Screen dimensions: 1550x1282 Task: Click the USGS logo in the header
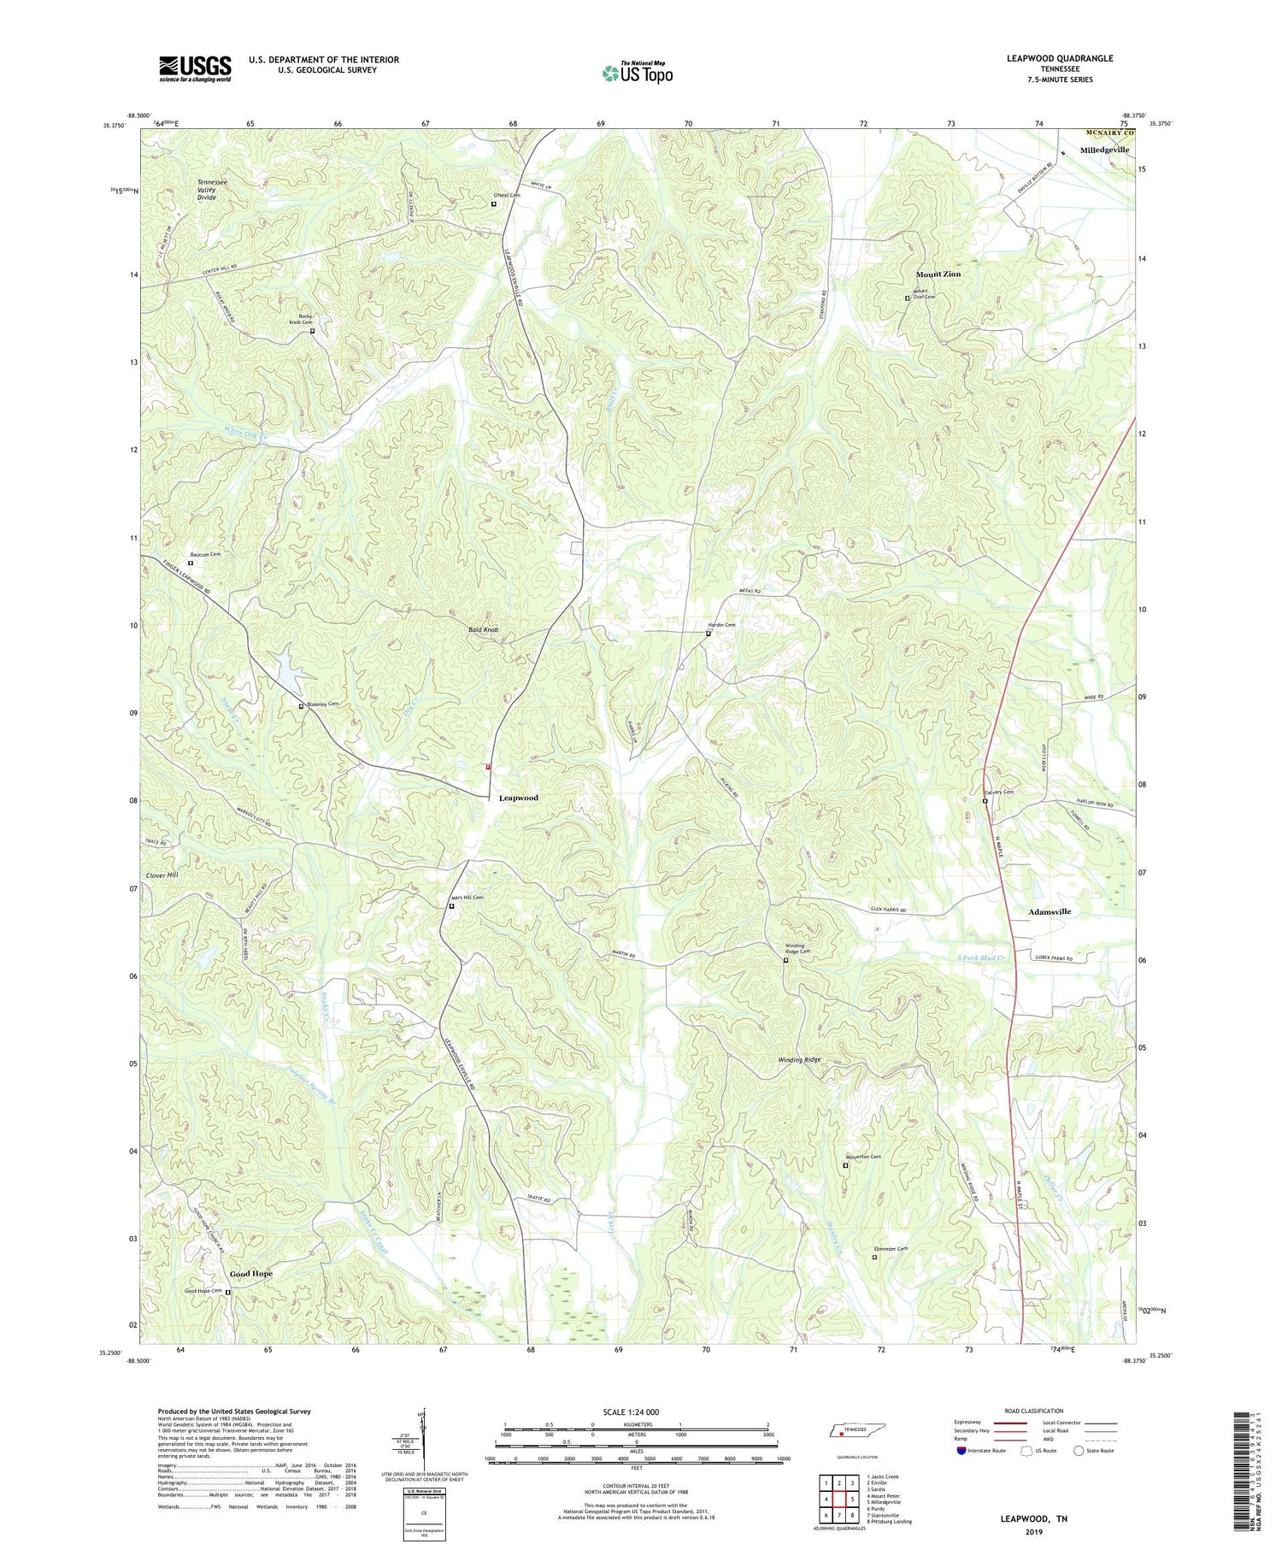(195, 68)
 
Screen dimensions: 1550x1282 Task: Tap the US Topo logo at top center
(637, 73)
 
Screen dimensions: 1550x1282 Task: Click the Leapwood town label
(518, 798)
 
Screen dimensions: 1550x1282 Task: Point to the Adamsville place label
(1049, 912)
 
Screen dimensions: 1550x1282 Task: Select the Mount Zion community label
(938, 274)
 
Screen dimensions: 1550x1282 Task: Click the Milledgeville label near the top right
(1104, 150)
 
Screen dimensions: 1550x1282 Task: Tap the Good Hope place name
(250, 1274)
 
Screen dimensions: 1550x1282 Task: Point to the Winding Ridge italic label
(799, 1060)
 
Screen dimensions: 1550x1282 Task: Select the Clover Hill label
(162, 875)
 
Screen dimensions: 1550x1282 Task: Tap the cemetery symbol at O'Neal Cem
(494, 203)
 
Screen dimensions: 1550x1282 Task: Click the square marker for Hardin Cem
(709, 634)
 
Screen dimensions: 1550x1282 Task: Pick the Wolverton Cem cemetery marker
(845, 1165)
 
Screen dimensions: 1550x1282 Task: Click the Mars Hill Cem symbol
(451, 906)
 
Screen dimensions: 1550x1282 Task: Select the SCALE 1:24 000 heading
(636, 1412)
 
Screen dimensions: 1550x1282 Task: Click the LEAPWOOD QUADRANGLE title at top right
(1061, 59)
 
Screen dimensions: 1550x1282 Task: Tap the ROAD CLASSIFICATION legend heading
(1033, 1411)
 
